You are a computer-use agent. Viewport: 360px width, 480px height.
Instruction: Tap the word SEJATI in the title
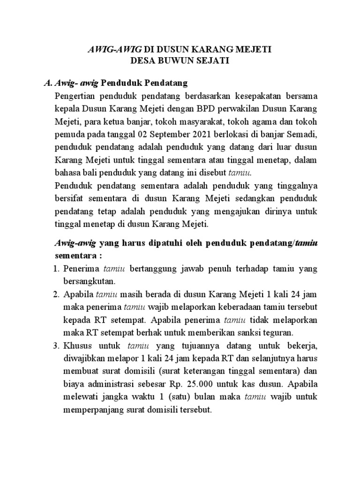coord(213,61)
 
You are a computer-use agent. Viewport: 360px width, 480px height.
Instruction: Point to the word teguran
coord(278,333)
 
